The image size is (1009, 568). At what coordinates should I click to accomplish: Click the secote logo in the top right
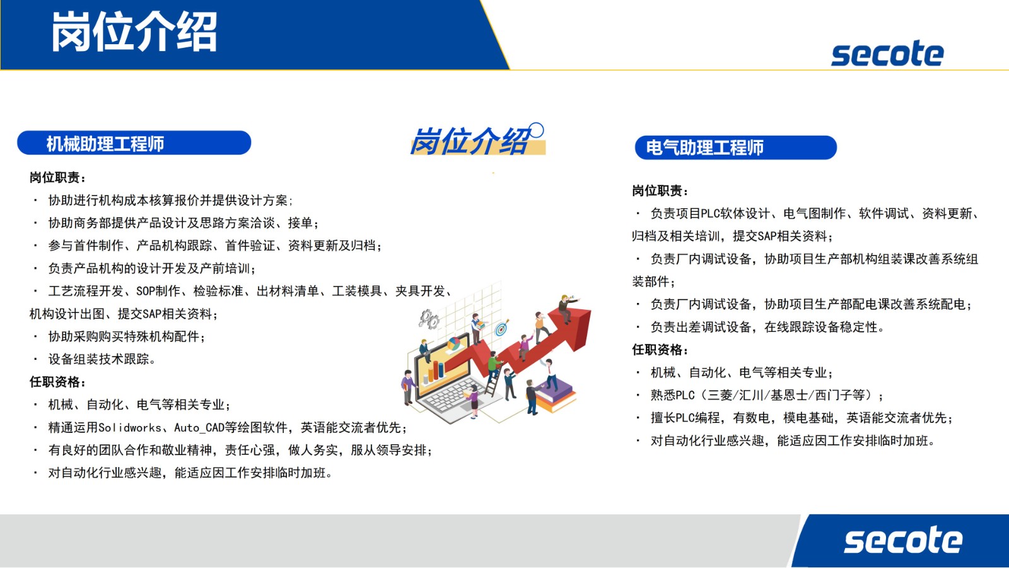click(x=887, y=54)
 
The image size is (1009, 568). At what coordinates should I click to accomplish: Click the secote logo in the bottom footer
click(x=903, y=540)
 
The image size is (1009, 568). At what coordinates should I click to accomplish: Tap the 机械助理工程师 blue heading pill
click(x=134, y=143)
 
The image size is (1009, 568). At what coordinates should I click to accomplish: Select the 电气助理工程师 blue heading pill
click(x=735, y=148)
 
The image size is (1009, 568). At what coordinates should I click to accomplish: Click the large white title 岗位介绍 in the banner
click(x=134, y=32)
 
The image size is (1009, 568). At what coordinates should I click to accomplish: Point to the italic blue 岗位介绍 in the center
click(x=472, y=140)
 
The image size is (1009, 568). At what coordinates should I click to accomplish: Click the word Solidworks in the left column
click(x=130, y=428)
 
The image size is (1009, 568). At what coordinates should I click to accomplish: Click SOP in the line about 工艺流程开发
click(x=146, y=291)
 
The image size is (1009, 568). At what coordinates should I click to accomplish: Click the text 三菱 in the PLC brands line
click(x=720, y=395)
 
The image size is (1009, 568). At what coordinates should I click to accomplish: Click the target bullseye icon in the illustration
click(x=501, y=328)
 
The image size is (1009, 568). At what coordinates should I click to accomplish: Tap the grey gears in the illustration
click(x=429, y=319)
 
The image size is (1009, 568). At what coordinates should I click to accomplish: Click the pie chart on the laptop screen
click(x=453, y=345)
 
